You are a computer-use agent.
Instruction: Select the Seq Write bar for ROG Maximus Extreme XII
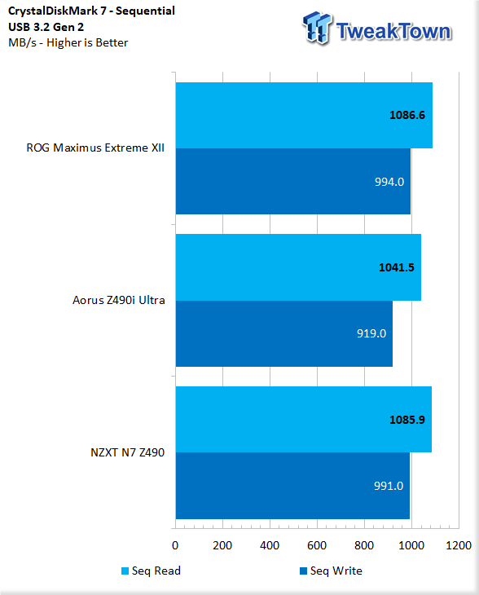click(x=292, y=181)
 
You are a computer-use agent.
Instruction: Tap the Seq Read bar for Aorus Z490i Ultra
click(x=298, y=267)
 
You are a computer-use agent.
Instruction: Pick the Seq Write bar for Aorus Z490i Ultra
click(x=283, y=333)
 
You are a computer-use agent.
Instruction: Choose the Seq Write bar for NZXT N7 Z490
click(x=292, y=486)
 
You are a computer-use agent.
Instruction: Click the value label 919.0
click(x=369, y=333)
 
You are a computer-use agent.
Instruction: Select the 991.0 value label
click(x=387, y=486)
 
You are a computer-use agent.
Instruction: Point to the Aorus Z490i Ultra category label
click(x=119, y=300)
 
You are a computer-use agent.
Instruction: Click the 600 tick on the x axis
click(x=317, y=544)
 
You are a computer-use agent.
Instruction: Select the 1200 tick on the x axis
click(x=459, y=544)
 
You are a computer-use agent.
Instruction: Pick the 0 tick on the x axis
click(x=175, y=544)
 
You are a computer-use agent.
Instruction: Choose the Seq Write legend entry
click(x=331, y=571)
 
